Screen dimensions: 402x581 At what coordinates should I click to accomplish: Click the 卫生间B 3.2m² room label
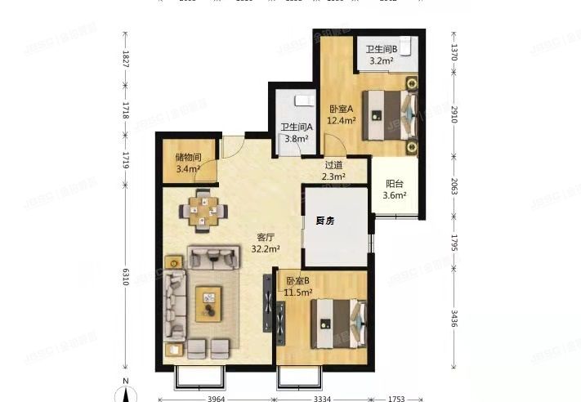[382, 55]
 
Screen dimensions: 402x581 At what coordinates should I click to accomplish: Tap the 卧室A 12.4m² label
[342, 114]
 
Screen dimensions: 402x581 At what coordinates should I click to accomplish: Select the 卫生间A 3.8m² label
[294, 133]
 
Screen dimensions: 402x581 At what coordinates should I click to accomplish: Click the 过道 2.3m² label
[333, 170]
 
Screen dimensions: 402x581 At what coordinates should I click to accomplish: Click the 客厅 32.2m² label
[266, 243]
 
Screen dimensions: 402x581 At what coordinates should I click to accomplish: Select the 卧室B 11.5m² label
[300, 287]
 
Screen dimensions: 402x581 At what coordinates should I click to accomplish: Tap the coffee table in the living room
[208, 304]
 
